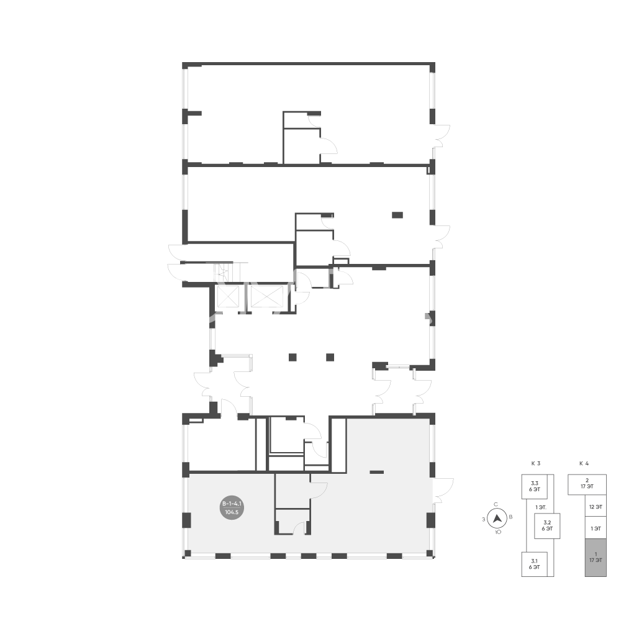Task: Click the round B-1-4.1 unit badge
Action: click(232, 508)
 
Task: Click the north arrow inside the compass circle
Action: click(497, 518)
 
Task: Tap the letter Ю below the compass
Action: click(498, 532)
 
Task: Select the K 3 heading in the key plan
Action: click(536, 463)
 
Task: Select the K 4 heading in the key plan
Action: click(584, 463)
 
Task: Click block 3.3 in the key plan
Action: click(534, 486)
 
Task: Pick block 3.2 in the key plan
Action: click(547, 525)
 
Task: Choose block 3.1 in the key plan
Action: click(534, 564)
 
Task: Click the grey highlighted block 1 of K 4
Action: click(596, 557)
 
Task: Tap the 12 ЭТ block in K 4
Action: click(596, 507)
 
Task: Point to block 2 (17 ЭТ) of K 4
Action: click(587, 484)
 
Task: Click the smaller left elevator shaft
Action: click(229, 296)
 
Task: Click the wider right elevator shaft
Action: click(267, 296)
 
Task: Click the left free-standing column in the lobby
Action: click(292, 357)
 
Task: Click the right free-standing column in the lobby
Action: click(330, 357)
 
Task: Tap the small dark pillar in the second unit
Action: click(397, 215)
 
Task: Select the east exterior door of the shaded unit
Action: click(443, 491)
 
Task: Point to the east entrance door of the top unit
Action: click(441, 136)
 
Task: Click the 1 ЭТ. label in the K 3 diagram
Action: click(541, 507)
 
